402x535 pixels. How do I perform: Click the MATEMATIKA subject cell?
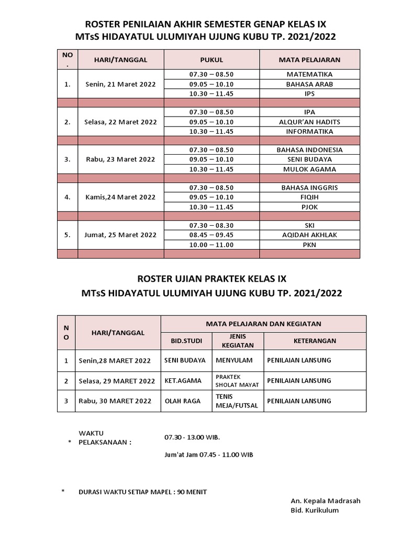pyautogui.click(x=309, y=74)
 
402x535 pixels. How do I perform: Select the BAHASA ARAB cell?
pyautogui.click(x=309, y=84)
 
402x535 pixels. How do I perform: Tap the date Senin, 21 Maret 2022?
pyautogui.click(x=120, y=84)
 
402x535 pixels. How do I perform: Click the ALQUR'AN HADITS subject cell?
pyautogui.click(x=309, y=122)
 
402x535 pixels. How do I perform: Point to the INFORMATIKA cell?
pyautogui.click(x=309, y=131)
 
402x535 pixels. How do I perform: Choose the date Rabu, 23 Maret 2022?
pyautogui.click(x=120, y=159)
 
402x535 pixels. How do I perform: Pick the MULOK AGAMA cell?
pyautogui.click(x=309, y=169)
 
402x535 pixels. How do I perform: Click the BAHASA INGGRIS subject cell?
pyautogui.click(x=309, y=188)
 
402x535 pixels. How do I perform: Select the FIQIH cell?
pyautogui.click(x=309, y=197)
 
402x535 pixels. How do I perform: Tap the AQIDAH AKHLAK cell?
pyautogui.click(x=309, y=235)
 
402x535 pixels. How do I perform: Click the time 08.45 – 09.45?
pyautogui.click(x=211, y=235)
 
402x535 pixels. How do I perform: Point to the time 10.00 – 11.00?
pyautogui.click(x=211, y=245)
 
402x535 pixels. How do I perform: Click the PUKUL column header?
pyautogui.click(x=211, y=60)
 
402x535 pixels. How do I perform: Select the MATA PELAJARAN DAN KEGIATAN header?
pyautogui.click(x=263, y=323)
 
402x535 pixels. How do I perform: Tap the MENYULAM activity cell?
pyautogui.click(x=234, y=360)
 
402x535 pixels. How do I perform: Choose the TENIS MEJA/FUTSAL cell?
pyautogui.click(x=237, y=401)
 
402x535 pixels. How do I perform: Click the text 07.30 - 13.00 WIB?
pyautogui.click(x=192, y=437)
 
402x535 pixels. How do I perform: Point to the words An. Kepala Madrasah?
pyautogui.click(x=326, y=501)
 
